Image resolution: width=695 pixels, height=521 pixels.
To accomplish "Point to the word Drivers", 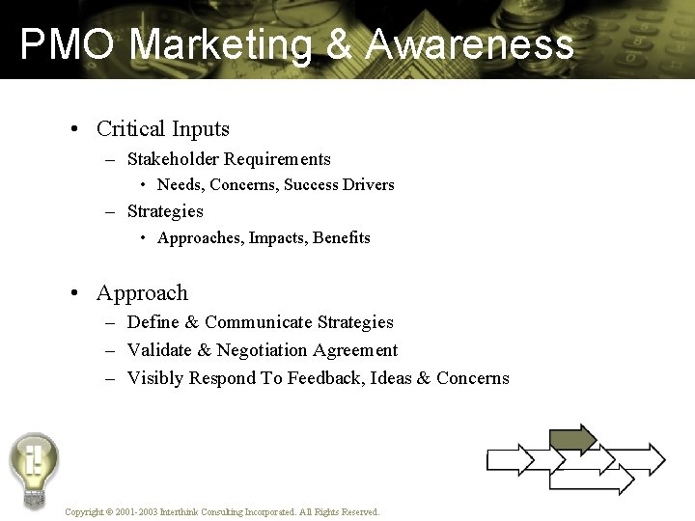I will [368, 184].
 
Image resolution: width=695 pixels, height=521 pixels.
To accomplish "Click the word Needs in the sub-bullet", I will [180, 184].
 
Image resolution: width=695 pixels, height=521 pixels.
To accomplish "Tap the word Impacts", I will [277, 237].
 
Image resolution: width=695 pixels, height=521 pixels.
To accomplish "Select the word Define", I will [153, 322].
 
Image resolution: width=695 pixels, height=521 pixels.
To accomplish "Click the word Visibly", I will [155, 378].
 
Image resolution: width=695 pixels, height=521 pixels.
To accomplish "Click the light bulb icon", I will [34, 468].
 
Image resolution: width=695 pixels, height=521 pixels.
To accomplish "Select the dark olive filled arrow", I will [573, 439].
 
